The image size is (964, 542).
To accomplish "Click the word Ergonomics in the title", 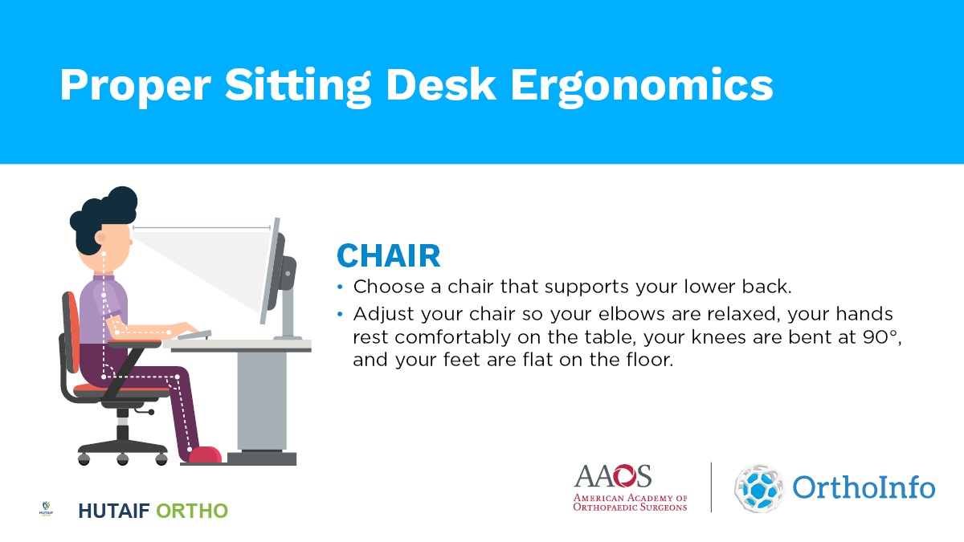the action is (x=642, y=87).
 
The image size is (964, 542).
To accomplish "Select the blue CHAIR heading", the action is (x=389, y=256).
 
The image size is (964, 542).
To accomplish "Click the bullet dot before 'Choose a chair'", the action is (x=340, y=287).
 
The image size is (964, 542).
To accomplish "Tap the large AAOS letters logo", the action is (x=612, y=475).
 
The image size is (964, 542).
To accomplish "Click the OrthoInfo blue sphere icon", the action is (x=759, y=488).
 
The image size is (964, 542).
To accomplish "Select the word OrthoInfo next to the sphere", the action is (x=864, y=487).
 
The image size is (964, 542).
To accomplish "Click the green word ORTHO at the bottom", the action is (x=192, y=511).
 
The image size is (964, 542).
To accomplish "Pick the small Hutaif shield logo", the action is (x=46, y=509).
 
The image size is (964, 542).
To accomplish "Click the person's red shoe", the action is (x=206, y=454).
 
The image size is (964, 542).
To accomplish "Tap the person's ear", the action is (x=100, y=238).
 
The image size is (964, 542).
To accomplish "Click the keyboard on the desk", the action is (x=194, y=334).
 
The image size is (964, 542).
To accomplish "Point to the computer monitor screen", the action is (x=270, y=271).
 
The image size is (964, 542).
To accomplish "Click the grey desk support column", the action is (x=262, y=401).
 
